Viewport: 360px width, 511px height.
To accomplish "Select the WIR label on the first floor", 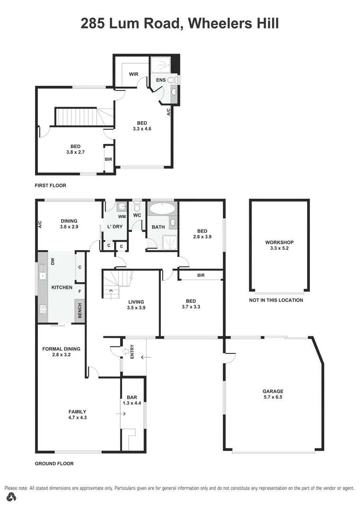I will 133,74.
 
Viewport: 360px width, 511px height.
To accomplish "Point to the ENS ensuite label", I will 161,80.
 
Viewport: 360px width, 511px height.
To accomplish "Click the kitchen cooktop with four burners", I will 43,309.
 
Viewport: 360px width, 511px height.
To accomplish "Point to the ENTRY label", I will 132,351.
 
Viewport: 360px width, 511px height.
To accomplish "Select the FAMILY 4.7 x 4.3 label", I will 77,414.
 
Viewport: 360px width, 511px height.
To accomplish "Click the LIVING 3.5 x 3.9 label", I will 136,305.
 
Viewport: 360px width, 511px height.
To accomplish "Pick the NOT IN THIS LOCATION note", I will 276,300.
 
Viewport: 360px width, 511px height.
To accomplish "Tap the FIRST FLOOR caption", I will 51,185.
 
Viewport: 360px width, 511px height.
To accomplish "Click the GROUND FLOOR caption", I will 54,464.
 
